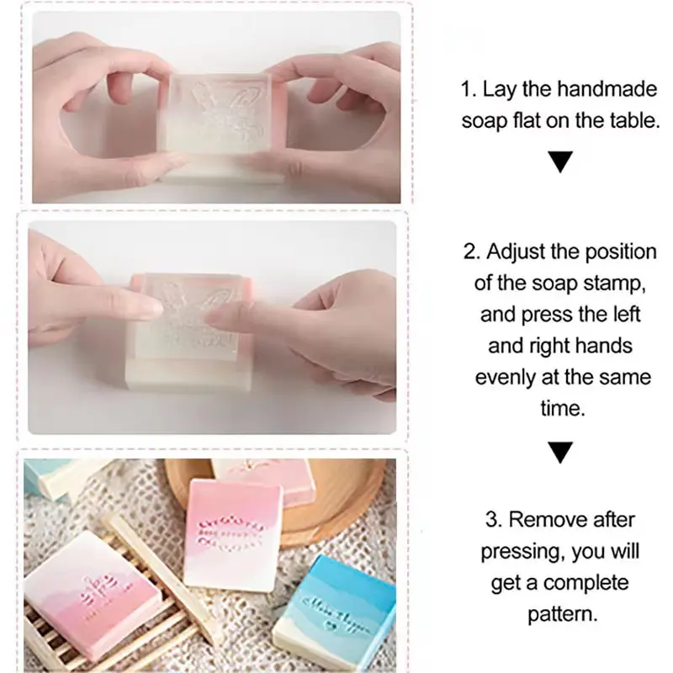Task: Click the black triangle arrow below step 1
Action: click(x=559, y=162)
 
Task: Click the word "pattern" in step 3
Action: click(x=562, y=613)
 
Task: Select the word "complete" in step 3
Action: click(x=586, y=582)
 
